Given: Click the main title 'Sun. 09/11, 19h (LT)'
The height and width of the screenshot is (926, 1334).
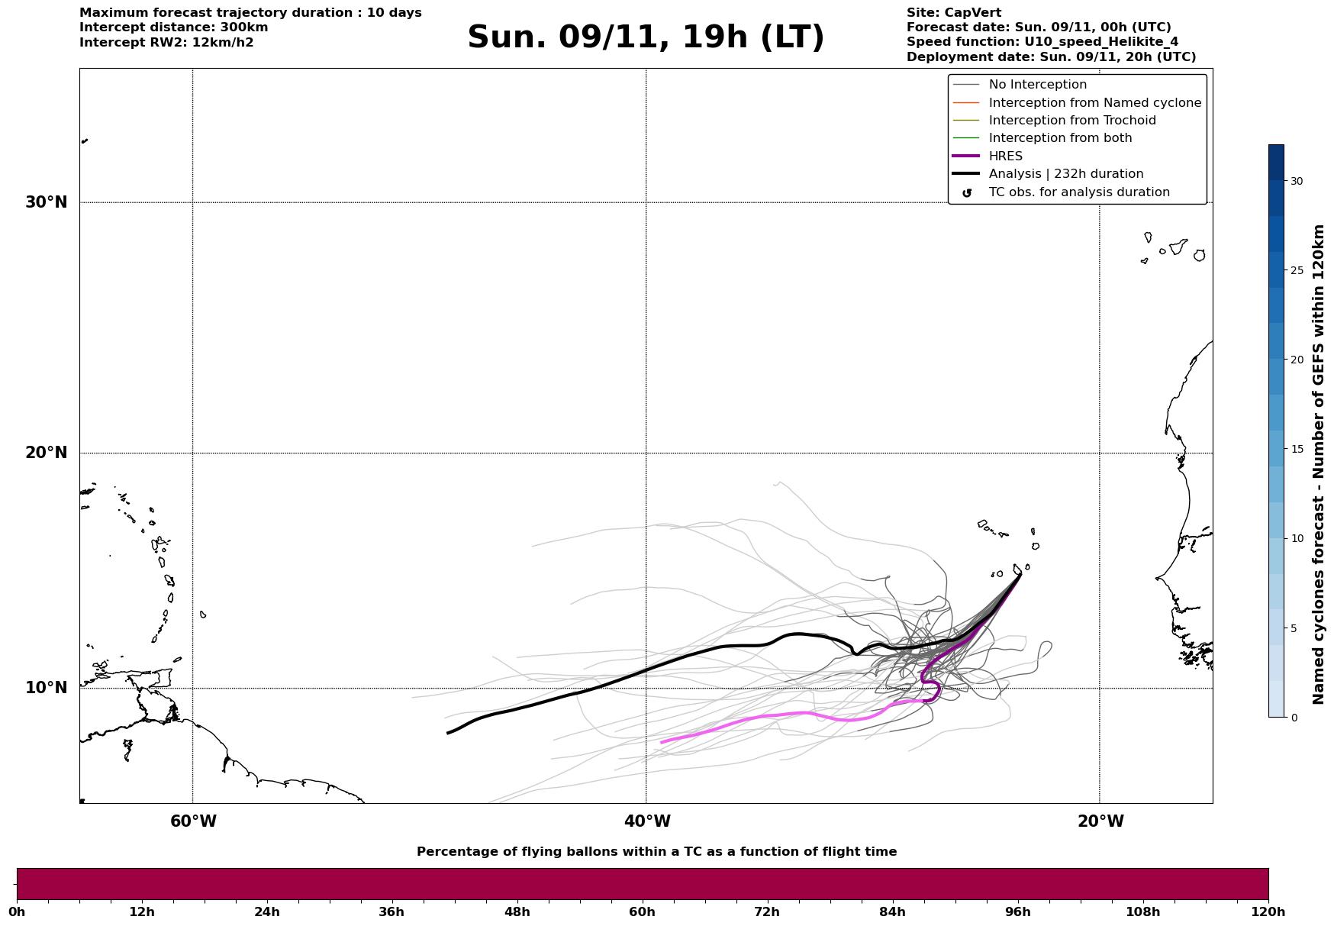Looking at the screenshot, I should click(x=646, y=37).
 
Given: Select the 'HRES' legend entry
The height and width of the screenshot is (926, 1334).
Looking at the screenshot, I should click(x=1005, y=156).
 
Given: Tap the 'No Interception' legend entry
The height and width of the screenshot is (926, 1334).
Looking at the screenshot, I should click(x=1037, y=85).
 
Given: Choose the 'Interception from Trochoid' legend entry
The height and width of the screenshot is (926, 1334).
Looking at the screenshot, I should click(x=1071, y=121).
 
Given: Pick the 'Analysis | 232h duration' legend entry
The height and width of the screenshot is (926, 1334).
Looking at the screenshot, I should click(x=1065, y=174).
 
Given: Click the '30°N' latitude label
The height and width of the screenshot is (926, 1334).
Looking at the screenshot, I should click(x=47, y=202).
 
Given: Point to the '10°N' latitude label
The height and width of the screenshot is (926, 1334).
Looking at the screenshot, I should click(x=47, y=688).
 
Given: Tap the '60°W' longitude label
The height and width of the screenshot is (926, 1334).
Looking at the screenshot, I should click(x=193, y=821).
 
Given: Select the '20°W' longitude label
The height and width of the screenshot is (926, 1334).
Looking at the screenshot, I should click(x=1100, y=821).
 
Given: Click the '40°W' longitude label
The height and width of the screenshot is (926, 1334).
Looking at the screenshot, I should click(x=647, y=821).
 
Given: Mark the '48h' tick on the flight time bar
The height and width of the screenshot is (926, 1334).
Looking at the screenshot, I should click(x=517, y=911).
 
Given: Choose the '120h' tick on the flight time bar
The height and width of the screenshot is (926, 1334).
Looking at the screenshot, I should click(x=1268, y=911).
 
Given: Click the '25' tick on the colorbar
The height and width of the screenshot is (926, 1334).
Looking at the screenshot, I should click(x=1297, y=270).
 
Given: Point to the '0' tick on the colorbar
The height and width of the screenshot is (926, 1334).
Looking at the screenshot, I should click(x=1294, y=718).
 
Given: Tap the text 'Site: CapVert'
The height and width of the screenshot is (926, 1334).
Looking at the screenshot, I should click(x=953, y=13).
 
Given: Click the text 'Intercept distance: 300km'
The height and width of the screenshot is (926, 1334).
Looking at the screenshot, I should click(x=173, y=27).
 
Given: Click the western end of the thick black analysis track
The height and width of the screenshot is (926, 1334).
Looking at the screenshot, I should click(x=448, y=733).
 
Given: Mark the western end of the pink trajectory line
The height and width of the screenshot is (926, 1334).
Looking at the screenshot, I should click(x=662, y=742).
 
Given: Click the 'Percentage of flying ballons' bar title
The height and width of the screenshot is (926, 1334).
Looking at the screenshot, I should click(x=656, y=852).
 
